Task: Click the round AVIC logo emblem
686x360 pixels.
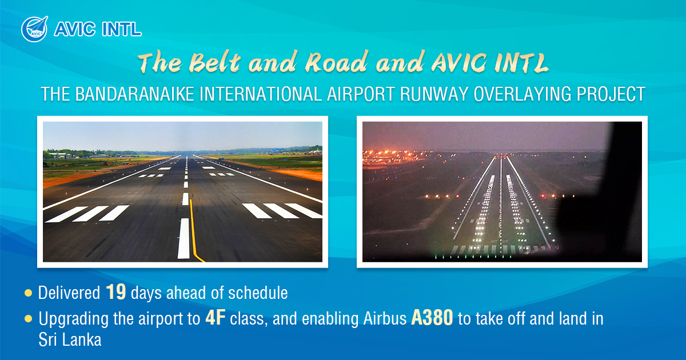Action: pyautogui.click(x=34, y=29)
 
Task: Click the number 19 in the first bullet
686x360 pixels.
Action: pyautogui.click(x=116, y=294)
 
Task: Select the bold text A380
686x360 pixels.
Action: pyautogui.click(x=432, y=319)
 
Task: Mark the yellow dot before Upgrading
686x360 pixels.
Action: pyautogui.click(x=27, y=319)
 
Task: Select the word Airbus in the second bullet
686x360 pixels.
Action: pyautogui.click(x=385, y=319)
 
